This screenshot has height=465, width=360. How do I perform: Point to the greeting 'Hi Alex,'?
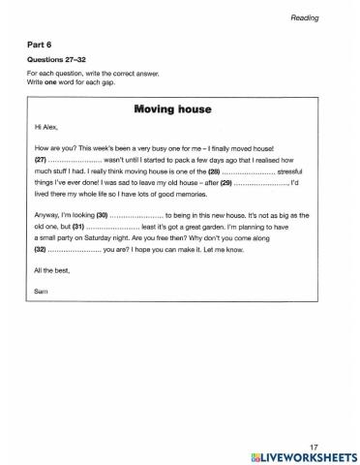[45, 127]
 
